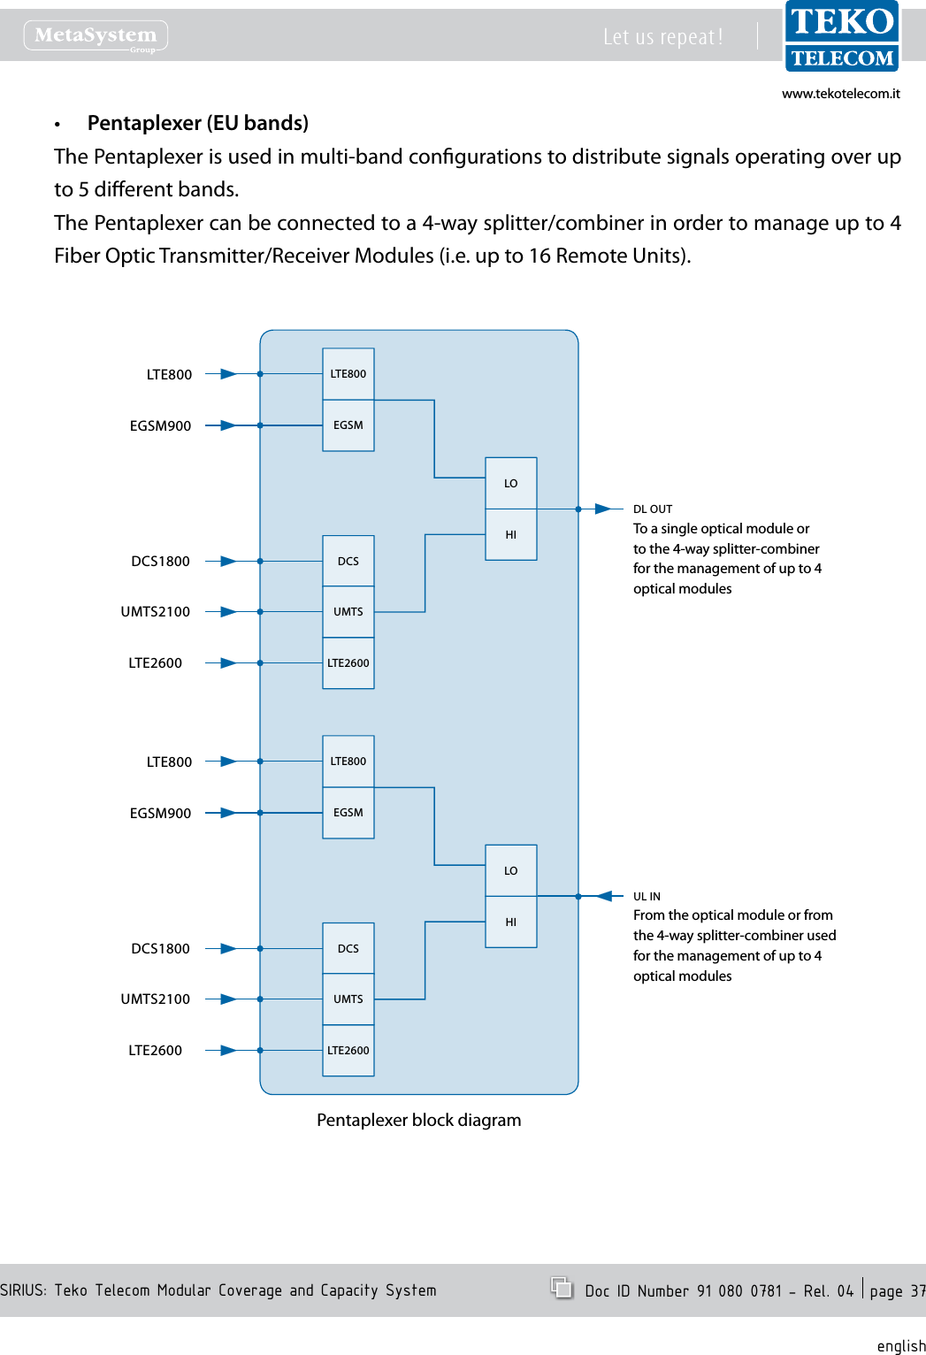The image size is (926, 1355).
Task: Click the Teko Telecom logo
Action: point(841,36)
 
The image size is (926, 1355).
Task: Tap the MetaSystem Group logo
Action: point(96,35)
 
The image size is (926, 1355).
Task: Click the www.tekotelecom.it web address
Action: point(840,94)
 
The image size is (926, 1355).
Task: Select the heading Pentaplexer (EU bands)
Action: point(197,123)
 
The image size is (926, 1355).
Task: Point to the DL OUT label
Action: point(653,509)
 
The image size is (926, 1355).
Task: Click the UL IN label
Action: point(647,896)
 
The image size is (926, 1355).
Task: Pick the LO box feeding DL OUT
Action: point(511,483)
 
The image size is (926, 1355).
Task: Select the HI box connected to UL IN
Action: point(511,922)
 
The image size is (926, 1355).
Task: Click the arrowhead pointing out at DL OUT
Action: point(603,509)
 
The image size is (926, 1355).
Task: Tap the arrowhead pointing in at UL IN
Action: point(604,896)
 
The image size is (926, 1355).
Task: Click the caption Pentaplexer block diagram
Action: point(418,1120)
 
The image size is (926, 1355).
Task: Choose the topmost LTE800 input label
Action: point(169,374)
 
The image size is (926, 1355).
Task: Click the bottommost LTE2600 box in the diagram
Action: point(348,1050)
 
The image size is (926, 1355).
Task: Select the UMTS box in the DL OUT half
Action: point(348,611)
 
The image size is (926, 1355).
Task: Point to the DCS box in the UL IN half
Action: point(348,948)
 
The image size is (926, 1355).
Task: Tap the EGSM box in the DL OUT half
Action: point(348,425)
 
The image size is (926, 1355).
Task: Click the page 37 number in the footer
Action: point(897,1291)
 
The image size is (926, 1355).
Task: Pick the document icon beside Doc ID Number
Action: point(562,1288)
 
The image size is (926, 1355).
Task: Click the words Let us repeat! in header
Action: point(662,37)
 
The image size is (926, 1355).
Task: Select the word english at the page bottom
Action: point(900,1345)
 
